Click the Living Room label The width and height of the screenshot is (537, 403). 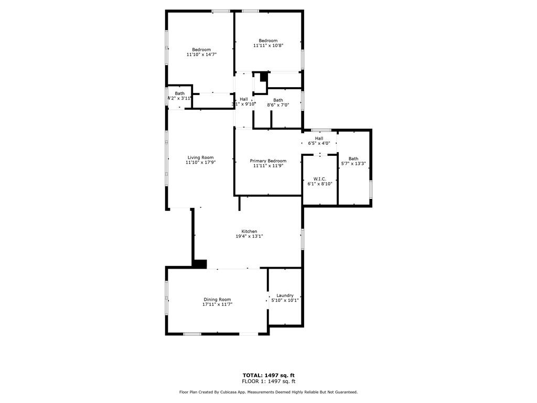pyautogui.click(x=200, y=157)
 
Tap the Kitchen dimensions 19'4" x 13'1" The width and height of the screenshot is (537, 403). pyautogui.click(x=249, y=236)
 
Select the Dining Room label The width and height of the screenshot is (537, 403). pyautogui.click(x=217, y=300)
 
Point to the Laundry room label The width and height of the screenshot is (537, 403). pyautogui.click(x=285, y=295)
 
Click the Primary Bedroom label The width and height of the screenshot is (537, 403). pyautogui.click(x=268, y=161)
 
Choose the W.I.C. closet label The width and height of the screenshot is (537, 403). pyautogui.click(x=320, y=179)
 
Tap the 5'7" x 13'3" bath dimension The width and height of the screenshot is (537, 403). pyautogui.click(x=353, y=164)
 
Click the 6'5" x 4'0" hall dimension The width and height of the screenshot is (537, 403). pyautogui.click(x=319, y=143)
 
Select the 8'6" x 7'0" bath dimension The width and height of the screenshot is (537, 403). pyautogui.click(x=278, y=105)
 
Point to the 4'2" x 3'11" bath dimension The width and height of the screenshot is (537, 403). pyautogui.click(x=179, y=98)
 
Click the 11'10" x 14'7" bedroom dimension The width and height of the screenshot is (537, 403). pyautogui.click(x=201, y=54)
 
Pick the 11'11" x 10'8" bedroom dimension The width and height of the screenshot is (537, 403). pyautogui.click(x=268, y=45)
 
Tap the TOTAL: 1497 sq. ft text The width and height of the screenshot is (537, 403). pyautogui.click(x=268, y=375)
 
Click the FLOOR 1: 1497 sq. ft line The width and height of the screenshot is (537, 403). pyautogui.click(x=268, y=381)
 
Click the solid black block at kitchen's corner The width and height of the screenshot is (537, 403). pyautogui.click(x=200, y=264)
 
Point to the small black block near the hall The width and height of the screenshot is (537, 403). pyautogui.click(x=263, y=77)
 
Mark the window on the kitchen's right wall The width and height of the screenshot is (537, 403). pyautogui.click(x=303, y=239)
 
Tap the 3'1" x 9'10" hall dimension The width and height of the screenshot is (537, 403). pyautogui.click(x=243, y=104)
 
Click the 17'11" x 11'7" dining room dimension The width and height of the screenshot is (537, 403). pyautogui.click(x=217, y=304)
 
